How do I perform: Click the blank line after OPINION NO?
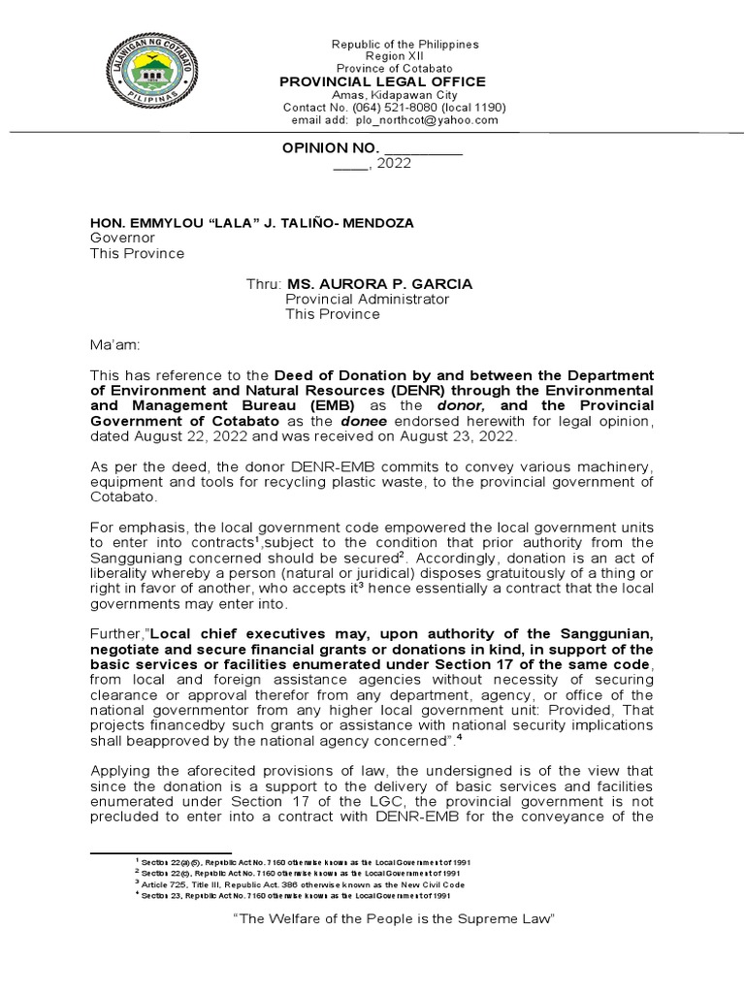pos(424,148)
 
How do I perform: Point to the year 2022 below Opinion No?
pos(394,164)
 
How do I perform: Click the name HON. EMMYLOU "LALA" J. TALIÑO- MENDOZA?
pos(251,223)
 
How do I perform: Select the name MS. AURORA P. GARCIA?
pos(373,284)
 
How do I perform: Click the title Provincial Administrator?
pos(367,300)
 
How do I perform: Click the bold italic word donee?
pos(362,420)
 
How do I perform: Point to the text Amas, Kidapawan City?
pos(393,95)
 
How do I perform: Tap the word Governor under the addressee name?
pos(122,238)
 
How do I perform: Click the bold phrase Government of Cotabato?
pos(179,420)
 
